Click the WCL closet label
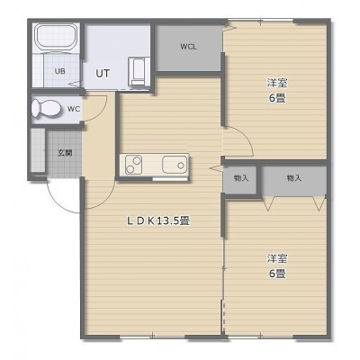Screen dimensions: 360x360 tap(188, 47)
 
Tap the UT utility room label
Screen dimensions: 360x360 tap(103, 74)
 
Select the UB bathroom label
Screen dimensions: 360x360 tap(60, 71)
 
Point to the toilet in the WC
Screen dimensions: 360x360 tap(46, 108)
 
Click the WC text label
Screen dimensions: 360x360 tap(74, 109)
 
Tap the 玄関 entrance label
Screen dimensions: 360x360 tap(65, 153)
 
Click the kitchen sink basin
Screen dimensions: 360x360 tap(175, 165)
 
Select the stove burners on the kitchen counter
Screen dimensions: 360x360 tap(133, 165)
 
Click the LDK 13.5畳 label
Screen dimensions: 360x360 tap(157, 221)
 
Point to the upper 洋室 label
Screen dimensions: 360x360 tap(277, 83)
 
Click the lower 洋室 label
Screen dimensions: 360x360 tap(277, 258)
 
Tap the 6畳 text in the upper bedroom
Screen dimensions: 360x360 tap(276, 98)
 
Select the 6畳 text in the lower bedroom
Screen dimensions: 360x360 tap(276, 274)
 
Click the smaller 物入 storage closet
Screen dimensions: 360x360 tap(241, 179)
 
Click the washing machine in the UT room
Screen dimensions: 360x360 tap(139, 71)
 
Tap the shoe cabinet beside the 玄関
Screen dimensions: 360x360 tap(38, 150)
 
